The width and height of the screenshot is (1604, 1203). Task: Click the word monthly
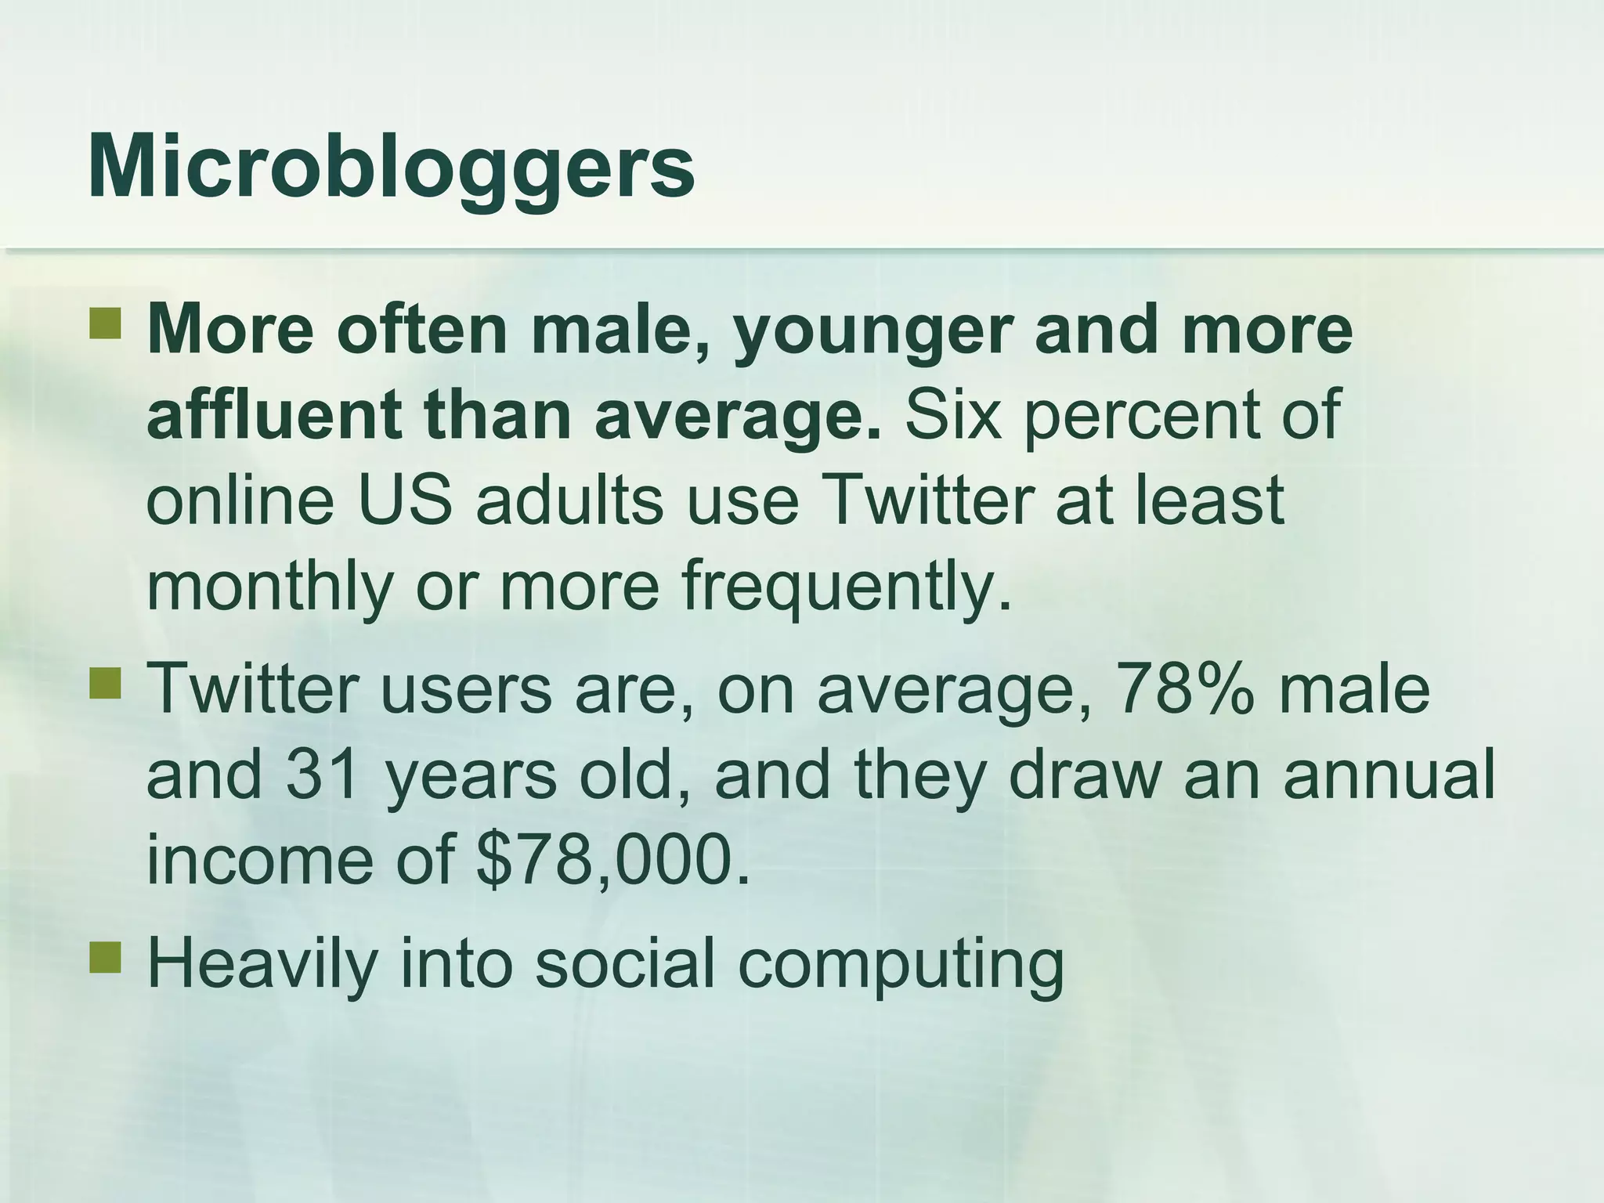click(269, 588)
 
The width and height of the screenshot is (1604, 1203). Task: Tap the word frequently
click(847, 588)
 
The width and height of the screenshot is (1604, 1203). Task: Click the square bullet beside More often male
click(105, 323)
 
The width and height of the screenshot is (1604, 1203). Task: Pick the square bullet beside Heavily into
click(105, 957)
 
